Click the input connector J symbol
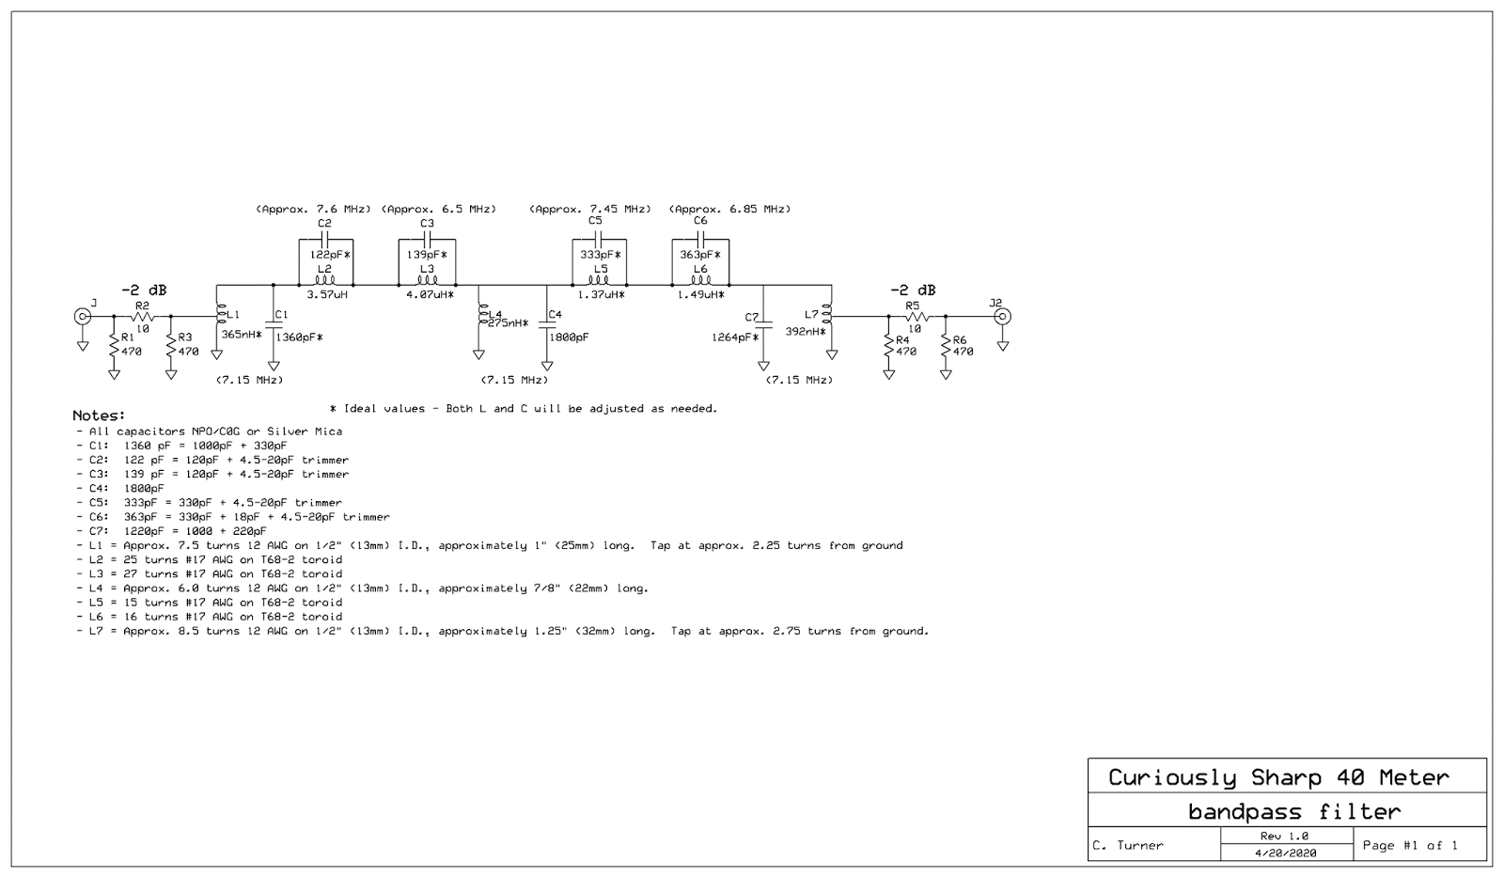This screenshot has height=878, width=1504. coord(83,316)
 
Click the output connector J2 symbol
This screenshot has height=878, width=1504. coord(1003,316)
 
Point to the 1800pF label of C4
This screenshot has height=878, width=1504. coord(569,337)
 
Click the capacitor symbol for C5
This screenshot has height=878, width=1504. coord(599,240)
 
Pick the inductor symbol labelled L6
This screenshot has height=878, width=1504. coord(699,280)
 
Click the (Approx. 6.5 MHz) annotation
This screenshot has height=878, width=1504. coord(439,209)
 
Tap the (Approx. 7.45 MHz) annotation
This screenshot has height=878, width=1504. coord(590,209)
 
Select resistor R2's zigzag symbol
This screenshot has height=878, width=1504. coord(142,317)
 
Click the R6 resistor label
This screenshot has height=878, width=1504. coord(959,340)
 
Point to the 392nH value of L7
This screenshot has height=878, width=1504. coord(805,331)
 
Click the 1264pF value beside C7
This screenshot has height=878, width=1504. coord(734,337)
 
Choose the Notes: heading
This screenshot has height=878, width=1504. coord(99,415)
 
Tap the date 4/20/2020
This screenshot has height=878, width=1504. coord(1285,853)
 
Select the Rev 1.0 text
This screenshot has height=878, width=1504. coord(1285,836)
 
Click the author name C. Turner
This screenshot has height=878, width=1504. coord(1128,845)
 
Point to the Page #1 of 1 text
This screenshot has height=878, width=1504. coord(1409,845)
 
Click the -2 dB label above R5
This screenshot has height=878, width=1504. coord(913,290)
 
